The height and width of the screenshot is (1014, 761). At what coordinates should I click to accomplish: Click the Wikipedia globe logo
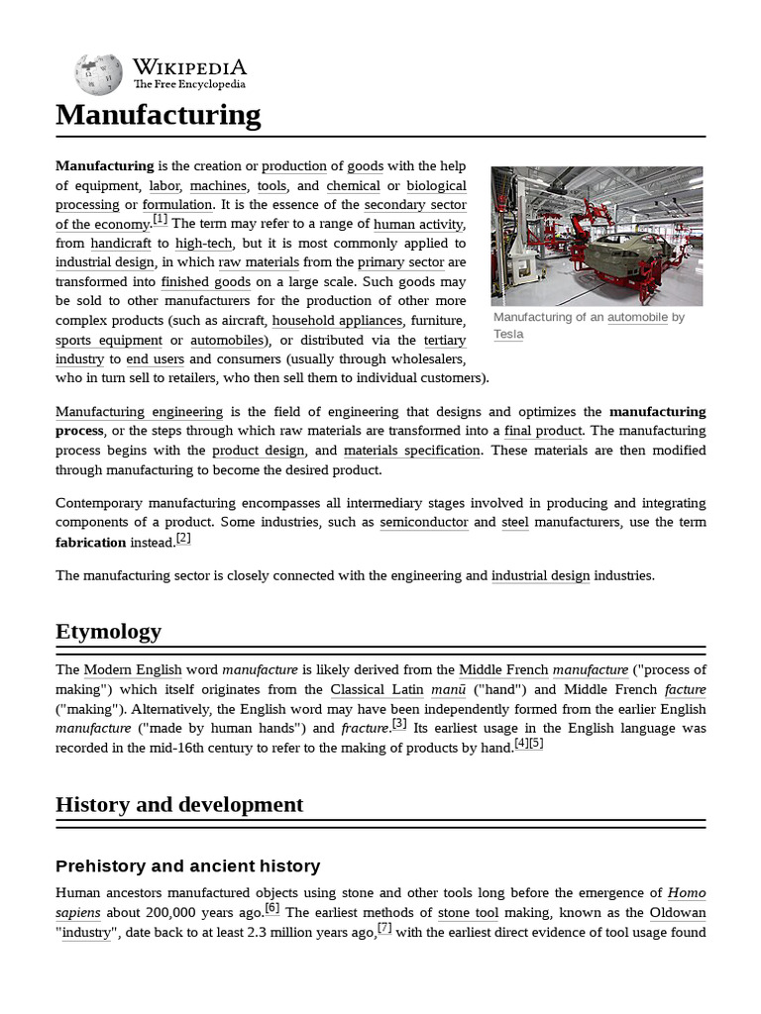click(98, 74)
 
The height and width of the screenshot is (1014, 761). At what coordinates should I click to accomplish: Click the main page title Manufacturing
click(158, 115)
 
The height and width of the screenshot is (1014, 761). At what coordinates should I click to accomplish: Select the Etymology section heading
click(108, 632)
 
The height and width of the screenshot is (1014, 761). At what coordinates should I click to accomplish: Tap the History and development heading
click(179, 804)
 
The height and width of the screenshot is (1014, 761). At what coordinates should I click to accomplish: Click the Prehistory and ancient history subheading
click(187, 866)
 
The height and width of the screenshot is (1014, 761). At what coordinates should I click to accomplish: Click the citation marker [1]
click(160, 220)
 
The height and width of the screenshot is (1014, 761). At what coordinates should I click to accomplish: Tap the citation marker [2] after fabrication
click(182, 539)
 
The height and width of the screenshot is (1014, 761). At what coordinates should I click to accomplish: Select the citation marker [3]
click(399, 724)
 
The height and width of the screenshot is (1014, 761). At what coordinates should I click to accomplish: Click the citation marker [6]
click(272, 908)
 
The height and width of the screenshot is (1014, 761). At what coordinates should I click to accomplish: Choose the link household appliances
click(337, 321)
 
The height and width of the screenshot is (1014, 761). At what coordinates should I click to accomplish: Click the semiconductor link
click(424, 522)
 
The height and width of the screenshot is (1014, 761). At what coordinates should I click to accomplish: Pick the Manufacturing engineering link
click(139, 411)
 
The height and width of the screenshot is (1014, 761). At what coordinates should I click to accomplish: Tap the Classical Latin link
click(377, 689)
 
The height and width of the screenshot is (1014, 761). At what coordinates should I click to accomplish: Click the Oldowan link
click(678, 912)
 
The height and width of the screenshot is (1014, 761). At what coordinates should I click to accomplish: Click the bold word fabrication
click(90, 543)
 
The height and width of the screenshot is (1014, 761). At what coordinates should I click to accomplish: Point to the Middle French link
click(503, 670)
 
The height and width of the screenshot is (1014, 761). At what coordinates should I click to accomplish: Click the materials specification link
click(411, 451)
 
